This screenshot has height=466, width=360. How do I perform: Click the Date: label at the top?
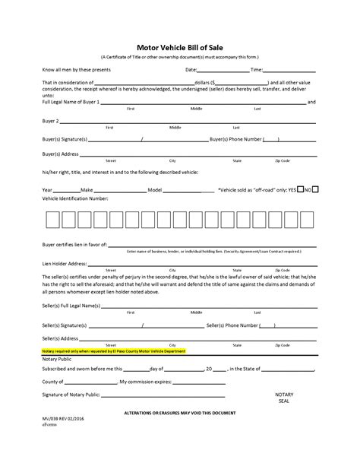coord(191,69)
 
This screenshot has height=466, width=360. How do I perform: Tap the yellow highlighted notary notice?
coord(114,351)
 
